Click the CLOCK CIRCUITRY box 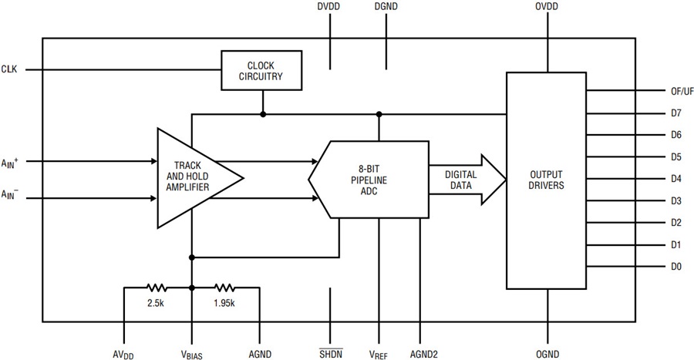tap(261, 70)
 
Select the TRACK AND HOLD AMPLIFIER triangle tap(195, 178)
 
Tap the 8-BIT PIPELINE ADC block tap(369, 180)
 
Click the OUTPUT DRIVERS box tap(546, 180)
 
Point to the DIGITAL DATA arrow tap(467, 180)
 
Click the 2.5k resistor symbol tap(157, 288)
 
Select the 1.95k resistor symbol tap(225, 288)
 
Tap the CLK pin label tap(9, 69)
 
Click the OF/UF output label tap(682, 91)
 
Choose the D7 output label tap(675, 113)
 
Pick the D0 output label tap(675, 266)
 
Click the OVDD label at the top tap(547, 7)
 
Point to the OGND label tap(547, 355)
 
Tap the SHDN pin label tap(331, 354)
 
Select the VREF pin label tap(379, 355)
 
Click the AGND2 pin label tap(424, 355)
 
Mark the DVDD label tap(328, 7)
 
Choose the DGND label tap(386, 7)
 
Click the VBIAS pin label tap(192, 355)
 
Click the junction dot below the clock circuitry tap(263, 114)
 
